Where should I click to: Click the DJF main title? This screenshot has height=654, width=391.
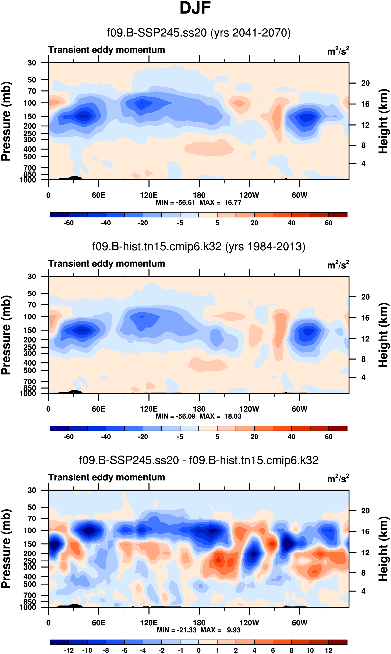point(195,8)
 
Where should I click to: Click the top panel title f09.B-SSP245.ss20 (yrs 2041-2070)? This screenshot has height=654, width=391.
point(199,33)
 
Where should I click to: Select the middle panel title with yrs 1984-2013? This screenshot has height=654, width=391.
point(199,247)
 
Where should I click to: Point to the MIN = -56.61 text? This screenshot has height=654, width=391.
point(175,203)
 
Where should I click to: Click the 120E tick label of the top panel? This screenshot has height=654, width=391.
point(149,195)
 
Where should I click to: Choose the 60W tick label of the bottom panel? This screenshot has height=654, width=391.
point(300,623)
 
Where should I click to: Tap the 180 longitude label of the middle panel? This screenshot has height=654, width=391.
point(199,409)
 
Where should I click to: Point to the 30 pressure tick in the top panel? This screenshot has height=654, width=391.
point(32,63)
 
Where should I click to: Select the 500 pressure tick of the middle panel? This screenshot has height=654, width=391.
point(30,371)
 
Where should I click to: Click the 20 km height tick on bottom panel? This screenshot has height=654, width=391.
point(365,511)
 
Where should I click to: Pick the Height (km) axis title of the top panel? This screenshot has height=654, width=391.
point(383,121)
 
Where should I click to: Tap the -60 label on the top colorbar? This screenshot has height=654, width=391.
point(69,223)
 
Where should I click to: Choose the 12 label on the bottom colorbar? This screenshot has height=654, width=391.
point(329,650)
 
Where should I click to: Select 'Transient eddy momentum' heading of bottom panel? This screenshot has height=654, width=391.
point(106,477)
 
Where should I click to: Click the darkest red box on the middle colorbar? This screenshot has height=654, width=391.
point(338,428)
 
